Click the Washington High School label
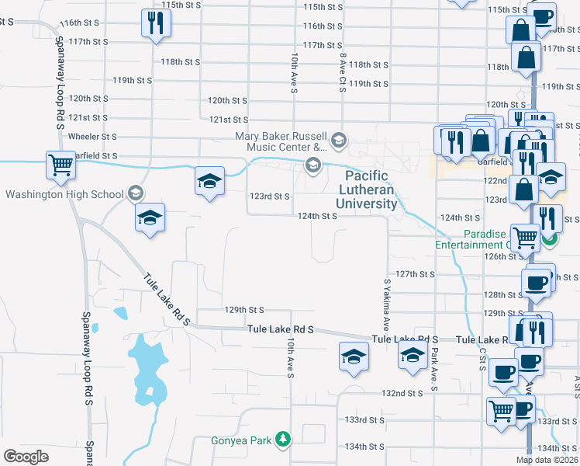tap(64, 193)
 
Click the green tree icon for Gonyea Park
tap(285, 440)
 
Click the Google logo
tap(26, 456)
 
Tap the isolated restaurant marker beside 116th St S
tap(152, 24)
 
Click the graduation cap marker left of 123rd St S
tap(209, 181)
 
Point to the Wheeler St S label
tap(93, 136)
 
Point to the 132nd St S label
tap(403, 394)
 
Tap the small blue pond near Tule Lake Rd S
tap(120, 313)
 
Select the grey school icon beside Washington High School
tap(135, 192)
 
